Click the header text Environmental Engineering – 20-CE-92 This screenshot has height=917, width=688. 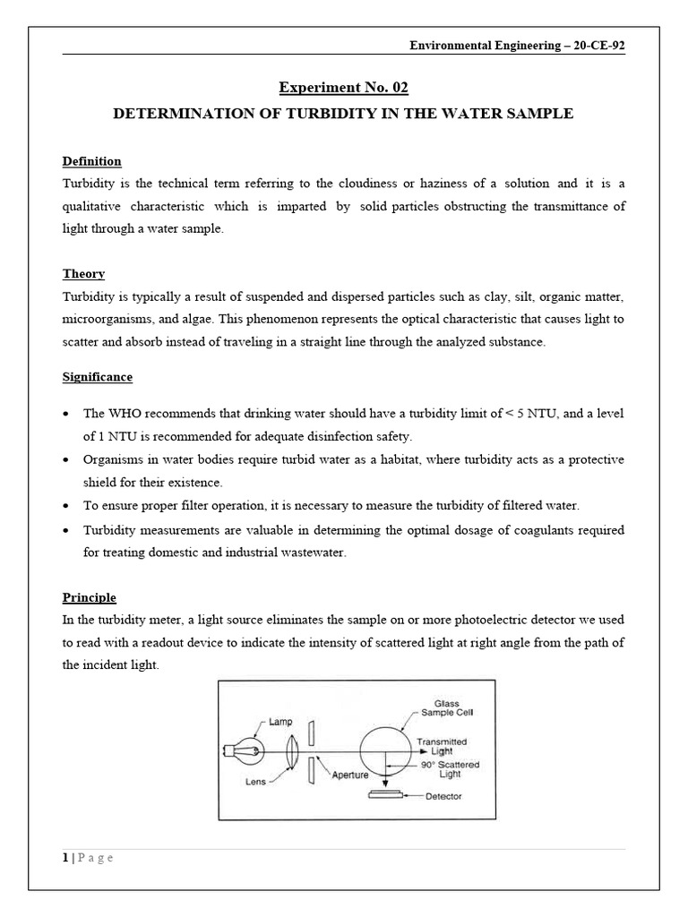pyautogui.click(x=517, y=47)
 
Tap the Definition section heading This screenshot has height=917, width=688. pyautogui.click(x=91, y=161)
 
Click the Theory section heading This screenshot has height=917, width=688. pyautogui.click(x=83, y=274)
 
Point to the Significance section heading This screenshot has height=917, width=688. pyautogui.click(x=97, y=377)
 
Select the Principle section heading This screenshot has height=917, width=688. pyautogui.click(x=89, y=597)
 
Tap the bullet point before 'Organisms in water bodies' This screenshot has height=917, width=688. pyautogui.click(x=68, y=459)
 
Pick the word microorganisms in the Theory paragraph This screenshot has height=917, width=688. pyautogui.click(x=107, y=320)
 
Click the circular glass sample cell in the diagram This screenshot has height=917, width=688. pyautogui.click(x=385, y=743)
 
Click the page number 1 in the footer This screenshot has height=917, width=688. pyautogui.click(x=65, y=858)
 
